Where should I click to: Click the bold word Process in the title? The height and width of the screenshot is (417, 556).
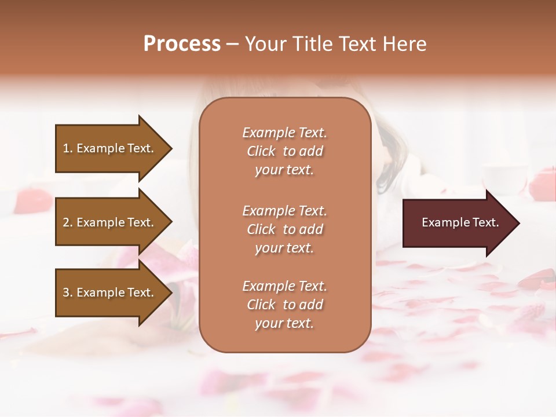click(x=182, y=44)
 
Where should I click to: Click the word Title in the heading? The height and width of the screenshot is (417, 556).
click(x=312, y=44)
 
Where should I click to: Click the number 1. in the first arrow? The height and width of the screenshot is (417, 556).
click(x=68, y=148)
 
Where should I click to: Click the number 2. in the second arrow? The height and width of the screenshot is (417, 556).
click(x=68, y=222)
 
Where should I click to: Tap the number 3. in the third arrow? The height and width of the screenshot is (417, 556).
click(x=68, y=292)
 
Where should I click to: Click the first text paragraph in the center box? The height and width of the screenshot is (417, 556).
click(x=284, y=151)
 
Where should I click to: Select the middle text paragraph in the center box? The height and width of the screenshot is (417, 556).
click(x=284, y=229)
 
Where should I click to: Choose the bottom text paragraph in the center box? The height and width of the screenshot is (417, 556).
click(x=284, y=305)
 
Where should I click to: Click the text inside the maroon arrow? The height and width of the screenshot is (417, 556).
click(x=460, y=222)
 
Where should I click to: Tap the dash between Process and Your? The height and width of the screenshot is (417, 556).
click(x=232, y=44)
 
